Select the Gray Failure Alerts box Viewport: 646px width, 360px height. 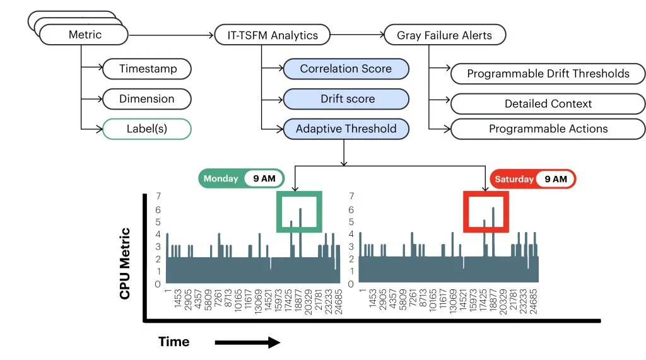click(x=444, y=35)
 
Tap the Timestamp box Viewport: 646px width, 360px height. click(x=146, y=69)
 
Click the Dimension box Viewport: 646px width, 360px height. click(x=146, y=99)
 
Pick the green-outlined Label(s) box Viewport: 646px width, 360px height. click(x=146, y=129)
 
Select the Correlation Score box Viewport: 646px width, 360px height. click(x=346, y=69)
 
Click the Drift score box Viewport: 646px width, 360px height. click(x=346, y=99)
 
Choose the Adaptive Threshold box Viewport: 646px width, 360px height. click(x=346, y=129)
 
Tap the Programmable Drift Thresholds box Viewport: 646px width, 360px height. click(x=548, y=74)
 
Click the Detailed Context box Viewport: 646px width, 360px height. click(x=548, y=103)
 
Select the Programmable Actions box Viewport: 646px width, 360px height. click(x=548, y=129)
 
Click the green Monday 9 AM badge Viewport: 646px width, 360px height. click(x=242, y=178)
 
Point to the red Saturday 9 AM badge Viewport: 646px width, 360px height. click(x=532, y=179)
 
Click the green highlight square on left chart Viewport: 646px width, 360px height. click(x=299, y=211)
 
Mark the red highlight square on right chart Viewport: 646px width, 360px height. click(x=485, y=211)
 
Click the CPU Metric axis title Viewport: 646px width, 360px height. click(x=125, y=263)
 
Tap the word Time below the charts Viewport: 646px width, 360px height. click(x=173, y=342)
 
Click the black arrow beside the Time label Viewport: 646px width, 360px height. click(x=247, y=342)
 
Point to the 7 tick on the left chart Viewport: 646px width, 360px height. click(x=158, y=196)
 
